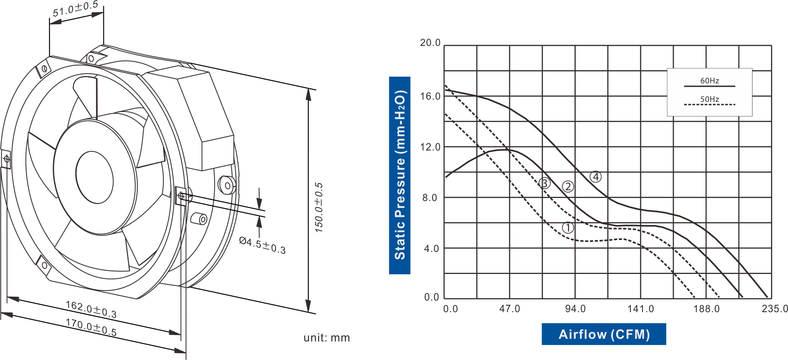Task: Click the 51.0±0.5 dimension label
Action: (x=76, y=9)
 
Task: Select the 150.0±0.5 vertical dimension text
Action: (x=319, y=208)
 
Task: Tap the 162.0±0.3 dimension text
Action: (x=91, y=309)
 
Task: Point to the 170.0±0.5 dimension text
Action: (x=91, y=327)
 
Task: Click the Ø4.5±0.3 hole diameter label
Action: (x=263, y=245)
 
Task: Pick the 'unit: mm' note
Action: (x=327, y=338)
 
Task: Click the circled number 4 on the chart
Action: (x=596, y=177)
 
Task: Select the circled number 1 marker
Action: (x=568, y=228)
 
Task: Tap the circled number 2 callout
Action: (x=568, y=187)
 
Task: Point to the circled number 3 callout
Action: (x=544, y=183)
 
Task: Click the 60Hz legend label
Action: (x=710, y=81)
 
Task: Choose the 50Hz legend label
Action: (x=710, y=99)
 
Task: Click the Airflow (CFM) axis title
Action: (x=604, y=334)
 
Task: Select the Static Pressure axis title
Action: (x=400, y=175)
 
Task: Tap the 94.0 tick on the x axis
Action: (x=575, y=309)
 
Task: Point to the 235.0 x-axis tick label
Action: (x=774, y=309)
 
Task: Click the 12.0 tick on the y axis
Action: (x=430, y=147)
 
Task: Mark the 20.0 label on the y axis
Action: (x=430, y=43)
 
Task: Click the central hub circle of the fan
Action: (x=95, y=177)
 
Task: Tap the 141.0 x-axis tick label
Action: (x=641, y=309)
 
